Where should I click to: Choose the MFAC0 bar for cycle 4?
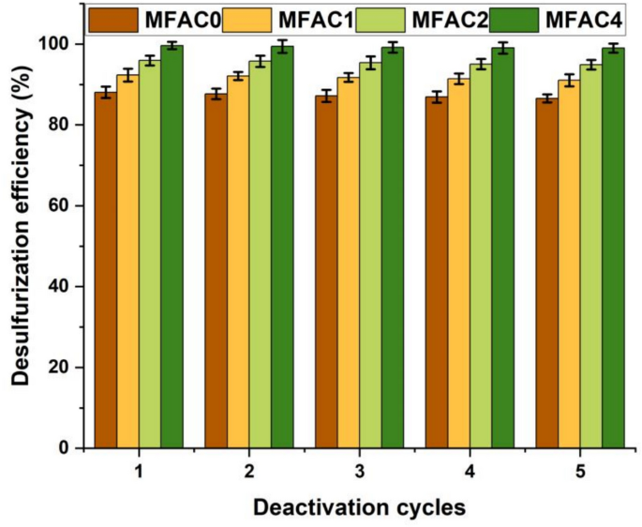[x=437, y=272]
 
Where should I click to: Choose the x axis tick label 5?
[x=580, y=471]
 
